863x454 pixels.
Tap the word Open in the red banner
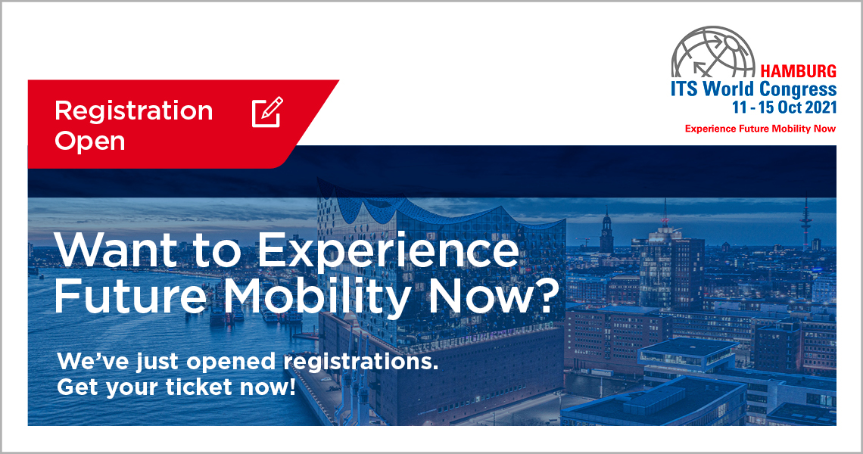point(90,141)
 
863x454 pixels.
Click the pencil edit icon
point(267,112)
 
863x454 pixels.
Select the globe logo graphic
point(713,52)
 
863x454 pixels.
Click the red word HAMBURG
point(798,72)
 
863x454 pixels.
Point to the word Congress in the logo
point(798,90)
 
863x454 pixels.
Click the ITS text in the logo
point(684,89)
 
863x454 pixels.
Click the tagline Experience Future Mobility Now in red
point(760,129)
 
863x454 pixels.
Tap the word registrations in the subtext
point(361,362)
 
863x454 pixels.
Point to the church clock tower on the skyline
point(606,231)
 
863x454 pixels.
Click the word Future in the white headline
point(130,297)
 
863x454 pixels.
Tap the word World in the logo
point(729,89)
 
